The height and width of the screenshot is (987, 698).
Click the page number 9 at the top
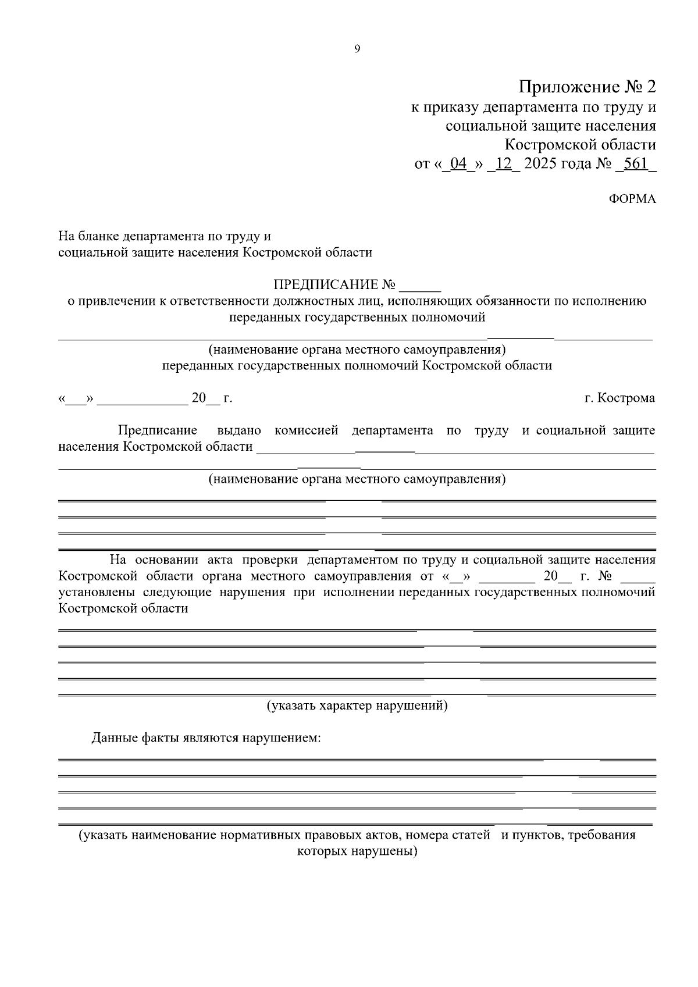pyautogui.click(x=357, y=49)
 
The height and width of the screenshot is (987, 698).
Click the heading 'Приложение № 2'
pyautogui.click(x=587, y=87)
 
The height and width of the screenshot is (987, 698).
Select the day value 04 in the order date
pyautogui.click(x=459, y=163)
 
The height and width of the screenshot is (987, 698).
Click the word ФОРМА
pyautogui.click(x=632, y=199)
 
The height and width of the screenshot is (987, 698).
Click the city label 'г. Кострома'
pyautogui.click(x=619, y=398)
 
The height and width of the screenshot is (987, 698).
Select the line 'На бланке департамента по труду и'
pyautogui.click(x=165, y=237)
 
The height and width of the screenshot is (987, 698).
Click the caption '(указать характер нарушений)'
pyautogui.click(x=357, y=705)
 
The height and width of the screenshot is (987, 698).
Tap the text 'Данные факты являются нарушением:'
pyautogui.click(x=206, y=738)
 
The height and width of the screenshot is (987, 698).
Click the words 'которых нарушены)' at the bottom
pyautogui.click(x=357, y=851)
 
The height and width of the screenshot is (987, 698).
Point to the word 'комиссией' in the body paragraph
pyautogui.click(x=306, y=431)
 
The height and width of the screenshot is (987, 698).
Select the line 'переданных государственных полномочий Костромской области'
pyautogui.click(x=357, y=366)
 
